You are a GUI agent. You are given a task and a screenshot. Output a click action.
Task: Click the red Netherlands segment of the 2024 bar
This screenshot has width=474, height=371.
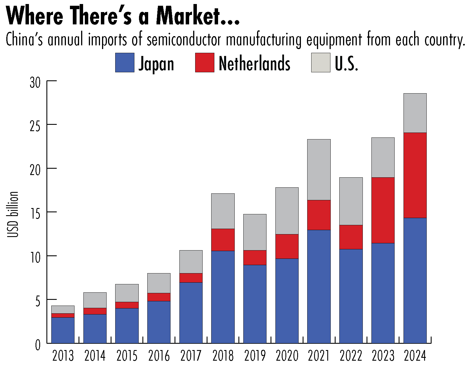(415, 175)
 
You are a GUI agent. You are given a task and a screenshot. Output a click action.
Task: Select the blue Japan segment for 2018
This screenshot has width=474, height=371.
(223, 297)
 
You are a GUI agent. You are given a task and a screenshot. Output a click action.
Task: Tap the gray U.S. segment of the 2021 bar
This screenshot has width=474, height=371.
(319, 170)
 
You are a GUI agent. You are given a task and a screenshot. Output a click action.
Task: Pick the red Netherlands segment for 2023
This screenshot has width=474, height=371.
(383, 210)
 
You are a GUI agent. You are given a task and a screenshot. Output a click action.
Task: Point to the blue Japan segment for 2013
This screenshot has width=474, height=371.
(63, 330)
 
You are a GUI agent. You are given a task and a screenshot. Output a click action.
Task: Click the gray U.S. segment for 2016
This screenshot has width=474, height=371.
(159, 283)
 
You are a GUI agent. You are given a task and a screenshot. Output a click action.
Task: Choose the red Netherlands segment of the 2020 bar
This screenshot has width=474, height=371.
(287, 246)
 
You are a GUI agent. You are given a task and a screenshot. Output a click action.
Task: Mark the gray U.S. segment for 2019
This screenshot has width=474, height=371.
(255, 232)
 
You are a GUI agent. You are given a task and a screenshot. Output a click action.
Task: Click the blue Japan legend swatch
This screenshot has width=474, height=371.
(125, 63)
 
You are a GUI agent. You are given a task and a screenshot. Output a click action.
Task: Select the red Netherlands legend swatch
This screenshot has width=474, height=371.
(205, 63)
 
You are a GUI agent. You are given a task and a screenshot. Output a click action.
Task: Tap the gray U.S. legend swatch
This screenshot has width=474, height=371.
(321, 63)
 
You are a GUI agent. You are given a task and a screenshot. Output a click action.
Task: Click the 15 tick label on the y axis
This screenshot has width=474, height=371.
(36, 213)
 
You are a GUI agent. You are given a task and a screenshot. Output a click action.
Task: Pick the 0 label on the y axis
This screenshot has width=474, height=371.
(38, 345)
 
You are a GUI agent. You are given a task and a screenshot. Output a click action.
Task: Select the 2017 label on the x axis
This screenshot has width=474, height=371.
(191, 356)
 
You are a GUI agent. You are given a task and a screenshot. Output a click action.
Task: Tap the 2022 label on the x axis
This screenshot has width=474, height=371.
(351, 356)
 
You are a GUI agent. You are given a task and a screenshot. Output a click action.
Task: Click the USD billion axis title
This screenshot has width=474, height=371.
(13, 214)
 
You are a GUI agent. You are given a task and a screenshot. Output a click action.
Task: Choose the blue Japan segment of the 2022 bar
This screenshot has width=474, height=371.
(351, 296)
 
